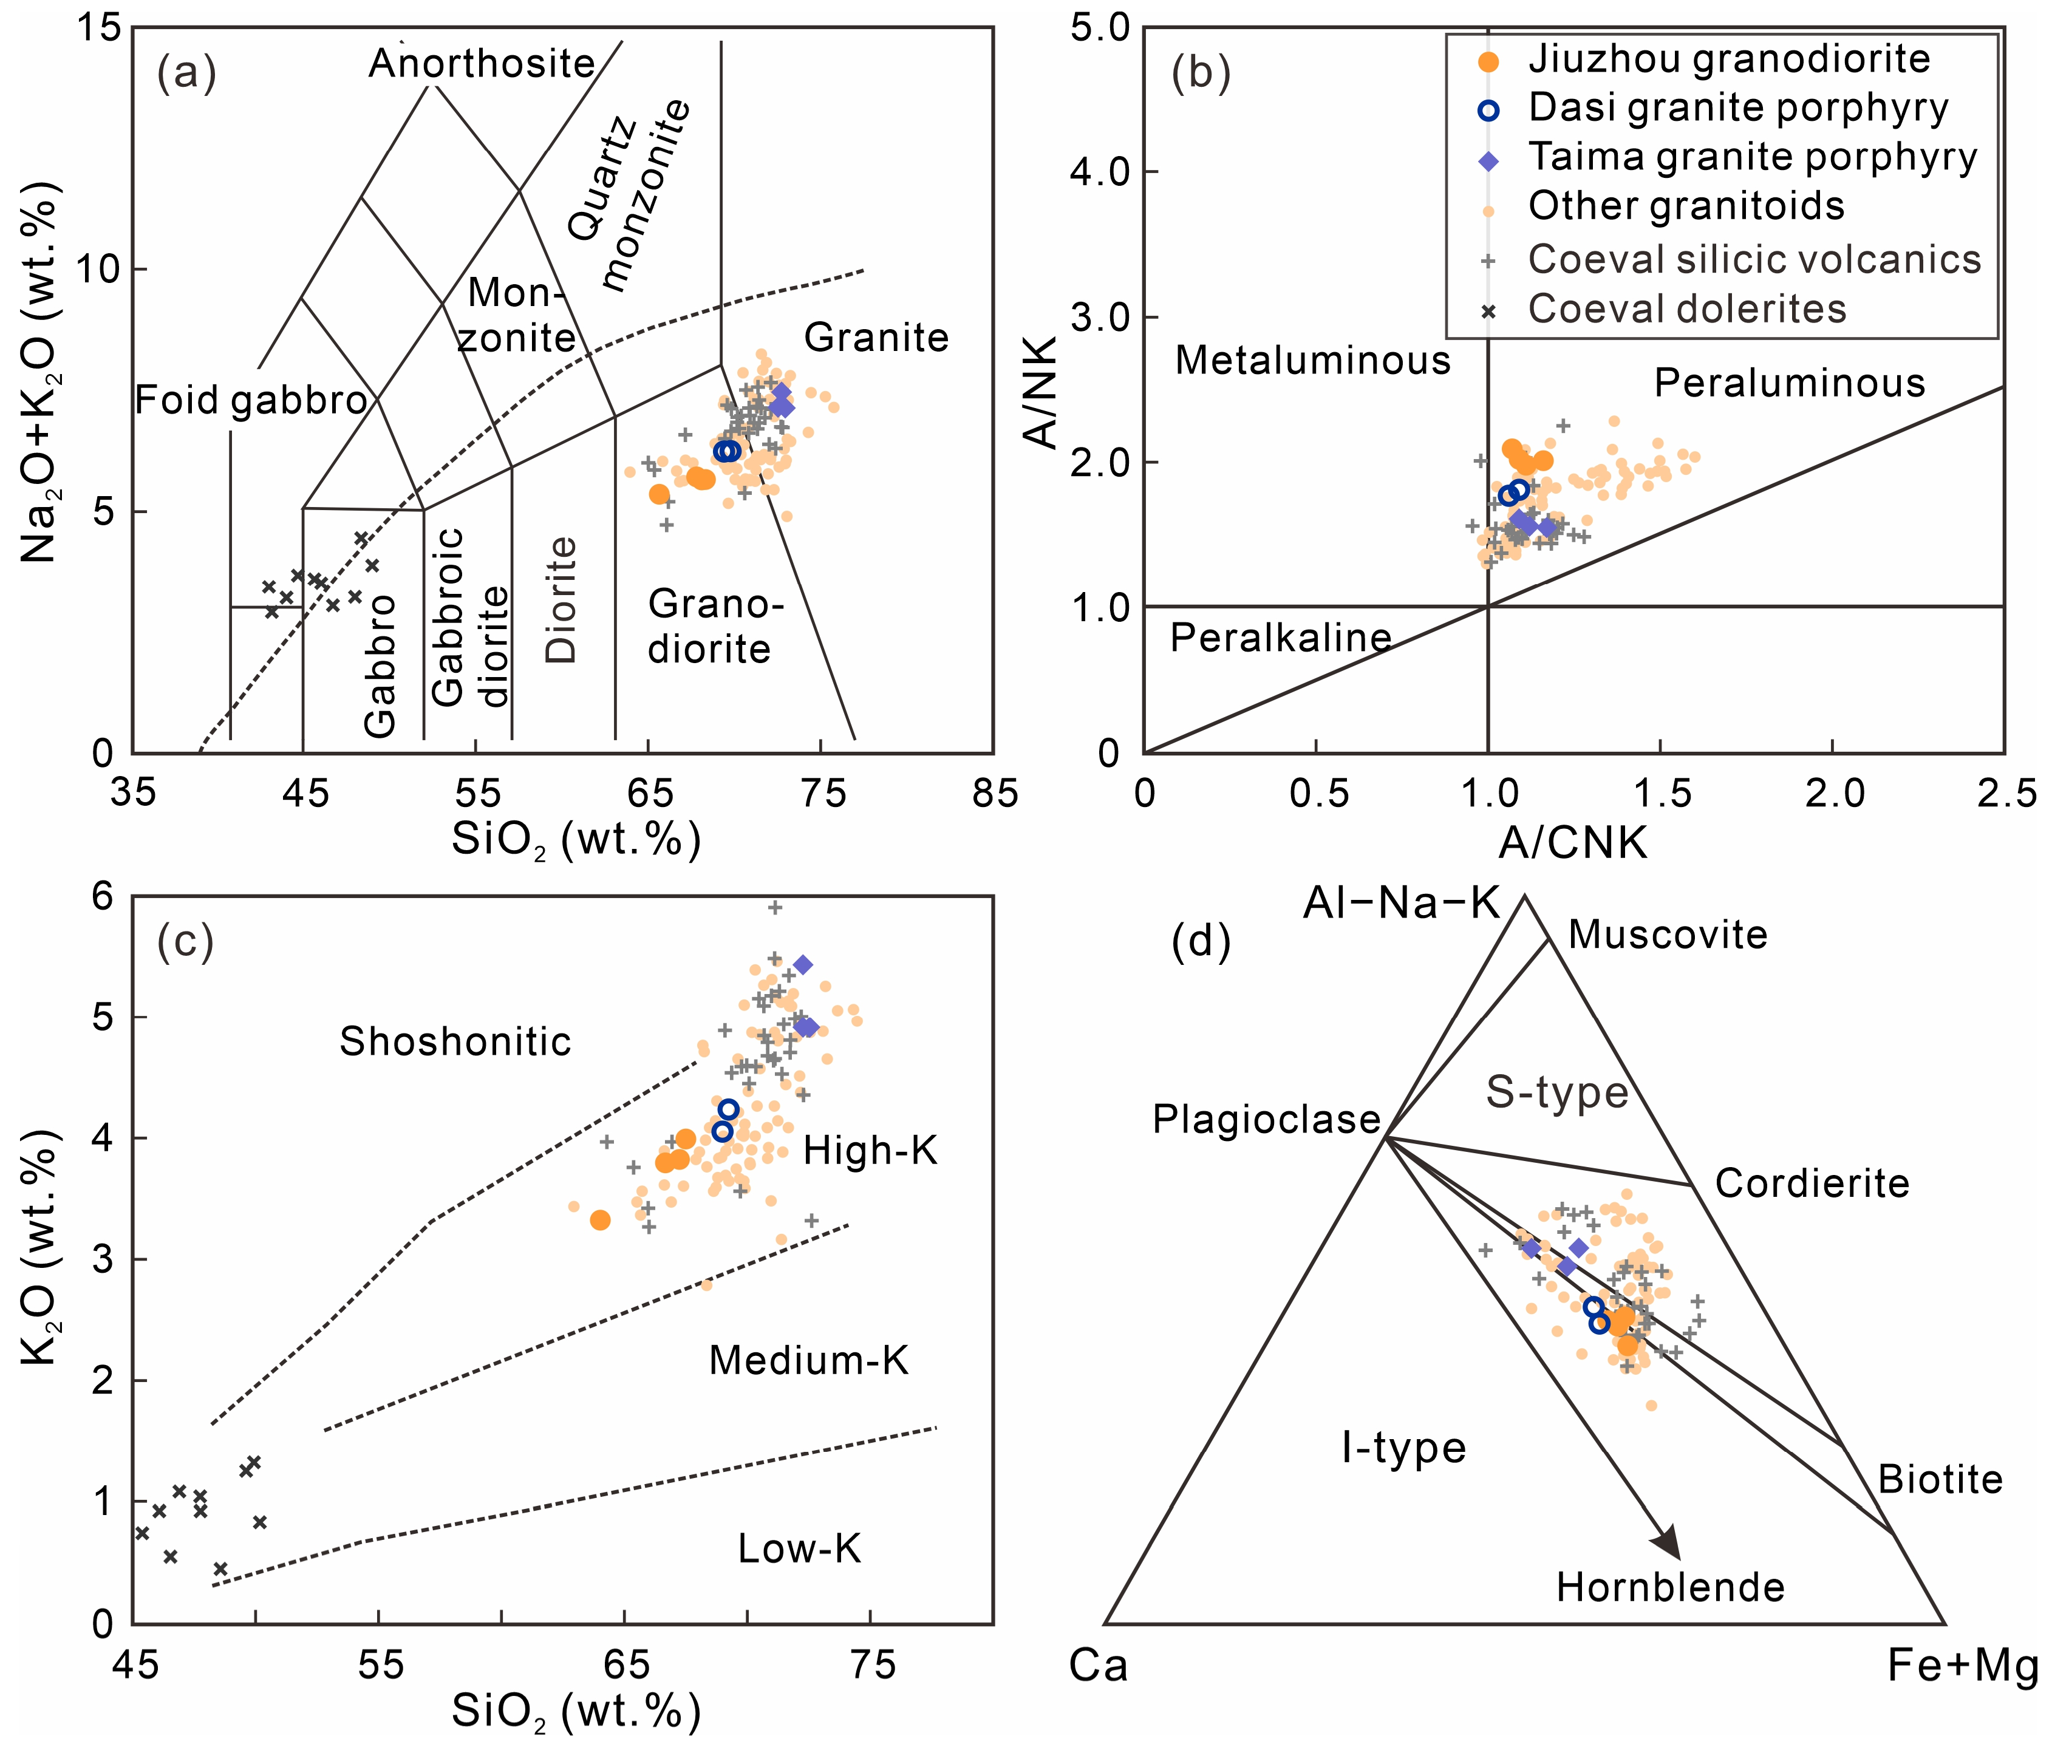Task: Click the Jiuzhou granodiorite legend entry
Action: [1728, 60]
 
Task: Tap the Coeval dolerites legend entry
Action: [1686, 309]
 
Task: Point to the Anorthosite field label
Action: [482, 63]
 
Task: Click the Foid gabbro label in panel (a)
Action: [251, 400]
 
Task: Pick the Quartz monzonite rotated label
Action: [629, 193]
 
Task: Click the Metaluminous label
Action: [1312, 361]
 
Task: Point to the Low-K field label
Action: [799, 1548]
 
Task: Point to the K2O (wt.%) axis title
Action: [39, 1260]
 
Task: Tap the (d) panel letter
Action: [1201, 942]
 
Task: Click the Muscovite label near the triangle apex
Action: [1668, 935]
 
